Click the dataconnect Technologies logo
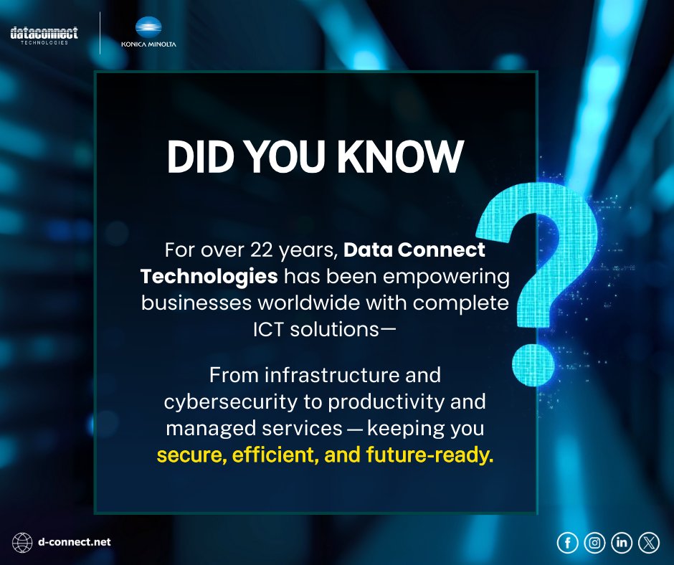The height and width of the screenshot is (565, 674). click(44, 35)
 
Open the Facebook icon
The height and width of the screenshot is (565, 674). click(567, 543)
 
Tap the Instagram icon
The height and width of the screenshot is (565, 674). click(594, 543)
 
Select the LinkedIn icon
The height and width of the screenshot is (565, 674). click(622, 543)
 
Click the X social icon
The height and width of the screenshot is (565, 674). click(648, 543)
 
